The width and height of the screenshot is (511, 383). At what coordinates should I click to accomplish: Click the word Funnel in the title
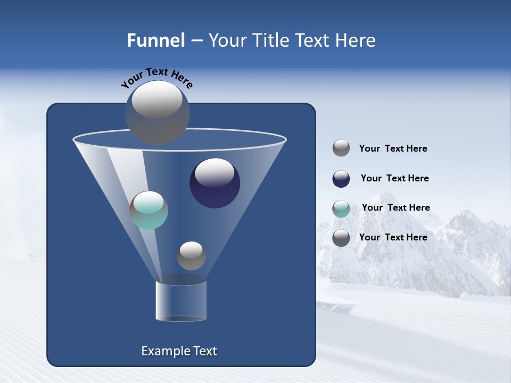click(156, 40)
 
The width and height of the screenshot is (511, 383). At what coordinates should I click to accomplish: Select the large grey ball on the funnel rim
click(157, 112)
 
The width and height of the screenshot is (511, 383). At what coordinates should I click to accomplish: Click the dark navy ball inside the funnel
click(215, 183)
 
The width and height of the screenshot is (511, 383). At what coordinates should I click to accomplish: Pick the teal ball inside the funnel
click(149, 210)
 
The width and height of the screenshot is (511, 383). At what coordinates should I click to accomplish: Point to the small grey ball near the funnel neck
click(191, 255)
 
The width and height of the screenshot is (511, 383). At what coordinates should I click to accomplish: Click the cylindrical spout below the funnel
click(181, 301)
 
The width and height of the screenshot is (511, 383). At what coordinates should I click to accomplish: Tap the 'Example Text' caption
click(179, 351)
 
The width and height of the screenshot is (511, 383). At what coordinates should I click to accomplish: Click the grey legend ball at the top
click(341, 148)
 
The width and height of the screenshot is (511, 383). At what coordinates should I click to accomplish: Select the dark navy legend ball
click(341, 179)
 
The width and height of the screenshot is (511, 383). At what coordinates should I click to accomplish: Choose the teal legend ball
click(341, 209)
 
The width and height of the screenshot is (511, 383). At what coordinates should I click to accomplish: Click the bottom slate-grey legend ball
click(341, 238)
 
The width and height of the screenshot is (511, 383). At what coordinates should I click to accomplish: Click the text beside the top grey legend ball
click(393, 149)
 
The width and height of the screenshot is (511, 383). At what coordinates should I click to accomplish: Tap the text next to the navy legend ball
click(394, 179)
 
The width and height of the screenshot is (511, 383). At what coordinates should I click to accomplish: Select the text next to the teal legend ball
click(395, 208)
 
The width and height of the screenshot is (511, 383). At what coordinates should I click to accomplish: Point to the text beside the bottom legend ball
click(393, 237)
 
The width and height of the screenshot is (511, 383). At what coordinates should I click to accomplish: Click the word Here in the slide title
click(356, 40)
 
